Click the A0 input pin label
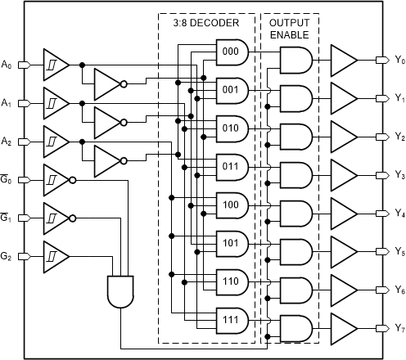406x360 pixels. tap(7, 63)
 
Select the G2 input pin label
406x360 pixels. tap(7, 256)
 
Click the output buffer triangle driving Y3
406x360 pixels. tap(341, 173)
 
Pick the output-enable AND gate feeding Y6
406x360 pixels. tap(295, 288)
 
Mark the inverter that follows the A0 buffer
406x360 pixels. tap(107, 83)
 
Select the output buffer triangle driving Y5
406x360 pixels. tap(341, 250)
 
